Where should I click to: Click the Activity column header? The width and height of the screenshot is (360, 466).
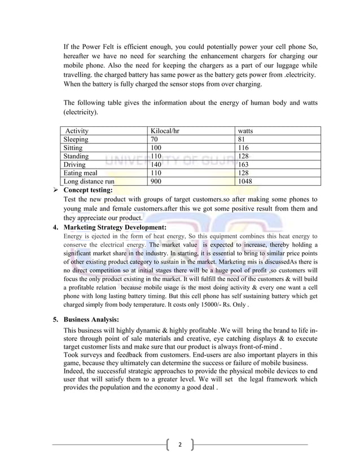[x=77, y=131]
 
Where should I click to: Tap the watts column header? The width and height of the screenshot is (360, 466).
[x=245, y=131]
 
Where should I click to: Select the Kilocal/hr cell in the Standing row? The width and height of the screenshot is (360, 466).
[x=156, y=156]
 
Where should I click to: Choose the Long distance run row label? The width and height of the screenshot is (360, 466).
[x=89, y=182]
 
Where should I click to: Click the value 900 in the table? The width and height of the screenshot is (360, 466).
[x=156, y=182]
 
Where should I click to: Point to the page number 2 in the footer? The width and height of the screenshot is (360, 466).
[x=180, y=445]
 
